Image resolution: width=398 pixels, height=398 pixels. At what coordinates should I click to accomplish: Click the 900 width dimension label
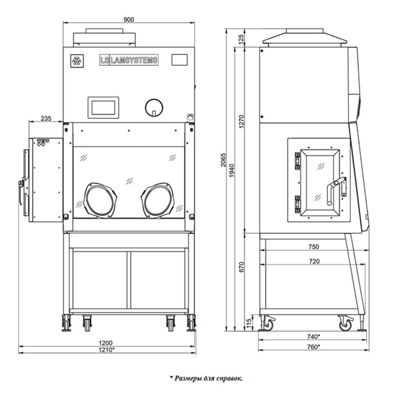pos(129,20)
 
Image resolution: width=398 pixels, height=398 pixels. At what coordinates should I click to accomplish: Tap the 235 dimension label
pos(46,118)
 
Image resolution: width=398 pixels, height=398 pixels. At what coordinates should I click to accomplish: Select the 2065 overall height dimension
pos(223,159)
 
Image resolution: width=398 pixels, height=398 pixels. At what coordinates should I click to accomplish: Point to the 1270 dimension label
pos(241,122)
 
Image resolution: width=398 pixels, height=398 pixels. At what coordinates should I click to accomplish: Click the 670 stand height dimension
pos(241,267)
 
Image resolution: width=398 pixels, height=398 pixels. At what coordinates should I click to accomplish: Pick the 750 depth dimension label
pos(314,247)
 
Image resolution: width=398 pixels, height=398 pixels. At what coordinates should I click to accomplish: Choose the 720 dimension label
pos(314,261)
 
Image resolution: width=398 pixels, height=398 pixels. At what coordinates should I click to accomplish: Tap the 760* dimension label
pos(314,347)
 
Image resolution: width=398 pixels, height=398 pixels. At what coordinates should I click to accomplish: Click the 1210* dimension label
pos(106,350)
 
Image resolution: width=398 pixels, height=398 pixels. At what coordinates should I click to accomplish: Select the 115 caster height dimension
pos(249,323)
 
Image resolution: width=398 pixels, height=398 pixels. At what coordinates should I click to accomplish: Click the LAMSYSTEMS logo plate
pos(129,60)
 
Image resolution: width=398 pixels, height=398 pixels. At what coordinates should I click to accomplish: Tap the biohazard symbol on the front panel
pos(77,61)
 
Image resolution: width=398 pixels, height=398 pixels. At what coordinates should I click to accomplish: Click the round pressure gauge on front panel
pos(154,108)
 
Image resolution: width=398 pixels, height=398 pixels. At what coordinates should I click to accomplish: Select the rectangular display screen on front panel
pos(104,108)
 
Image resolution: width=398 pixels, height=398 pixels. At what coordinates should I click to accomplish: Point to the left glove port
pos(100,200)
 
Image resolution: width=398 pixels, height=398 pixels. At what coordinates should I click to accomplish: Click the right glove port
pos(158,200)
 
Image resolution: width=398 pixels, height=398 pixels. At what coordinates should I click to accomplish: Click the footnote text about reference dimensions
pos(206,378)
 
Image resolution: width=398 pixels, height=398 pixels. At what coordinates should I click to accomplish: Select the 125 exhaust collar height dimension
pos(241,38)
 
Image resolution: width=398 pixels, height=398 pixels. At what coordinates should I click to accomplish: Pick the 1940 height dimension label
pos(232,170)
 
